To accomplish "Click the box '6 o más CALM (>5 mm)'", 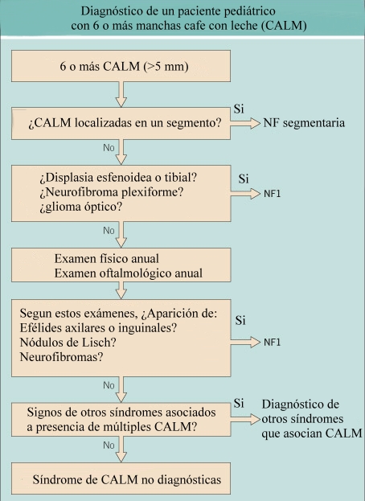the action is [121, 66].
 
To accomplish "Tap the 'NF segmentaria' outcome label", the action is [304, 123].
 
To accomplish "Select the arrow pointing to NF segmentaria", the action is [245, 123].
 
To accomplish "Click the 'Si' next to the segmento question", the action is [239, 109].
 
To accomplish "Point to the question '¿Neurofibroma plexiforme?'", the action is [112, 192].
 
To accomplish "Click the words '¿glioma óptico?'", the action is [80, 207].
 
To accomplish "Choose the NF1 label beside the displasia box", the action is [272, 194].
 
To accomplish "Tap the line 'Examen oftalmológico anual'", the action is [129, 273].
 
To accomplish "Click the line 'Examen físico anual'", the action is [107, 258].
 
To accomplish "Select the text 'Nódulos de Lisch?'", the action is [68, 343].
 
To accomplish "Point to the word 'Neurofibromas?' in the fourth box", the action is [61, 356].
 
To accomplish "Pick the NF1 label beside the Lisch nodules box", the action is [272, 343].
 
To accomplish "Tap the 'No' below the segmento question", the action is [109, 148].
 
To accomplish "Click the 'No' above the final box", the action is [109, 445].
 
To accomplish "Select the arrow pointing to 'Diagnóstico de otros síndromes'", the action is [245, 419].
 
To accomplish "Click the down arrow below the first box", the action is [121, 94].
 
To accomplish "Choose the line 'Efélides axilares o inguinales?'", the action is [98, 328].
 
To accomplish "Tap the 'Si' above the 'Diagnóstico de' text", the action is [239, 404].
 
